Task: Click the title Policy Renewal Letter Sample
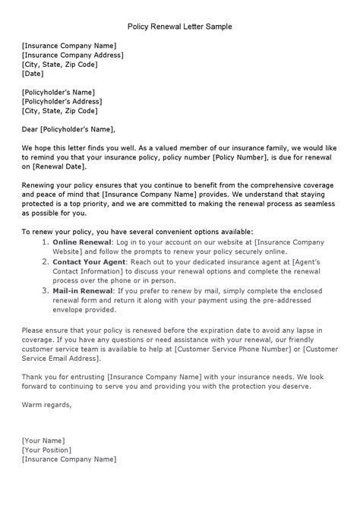[x=179, y=27]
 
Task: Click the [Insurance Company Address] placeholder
[x=72, y=55]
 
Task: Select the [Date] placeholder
[x=33, y=74]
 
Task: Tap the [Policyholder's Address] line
[x=62, y=101]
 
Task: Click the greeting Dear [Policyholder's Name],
[x=68, y=129]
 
